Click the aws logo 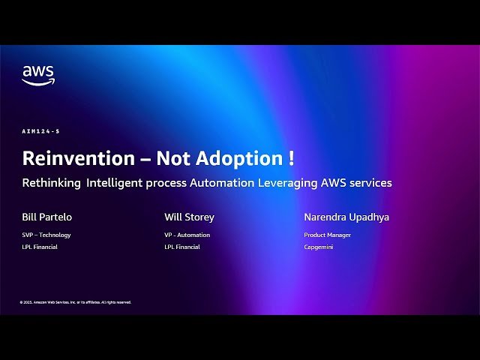38,75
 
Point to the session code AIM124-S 40,131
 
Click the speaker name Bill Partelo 47,217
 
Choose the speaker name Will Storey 189,217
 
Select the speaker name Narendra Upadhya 346,217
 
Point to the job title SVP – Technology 46,235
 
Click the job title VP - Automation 187,235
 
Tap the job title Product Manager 327,235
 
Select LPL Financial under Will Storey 182,247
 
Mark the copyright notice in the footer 76,302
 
